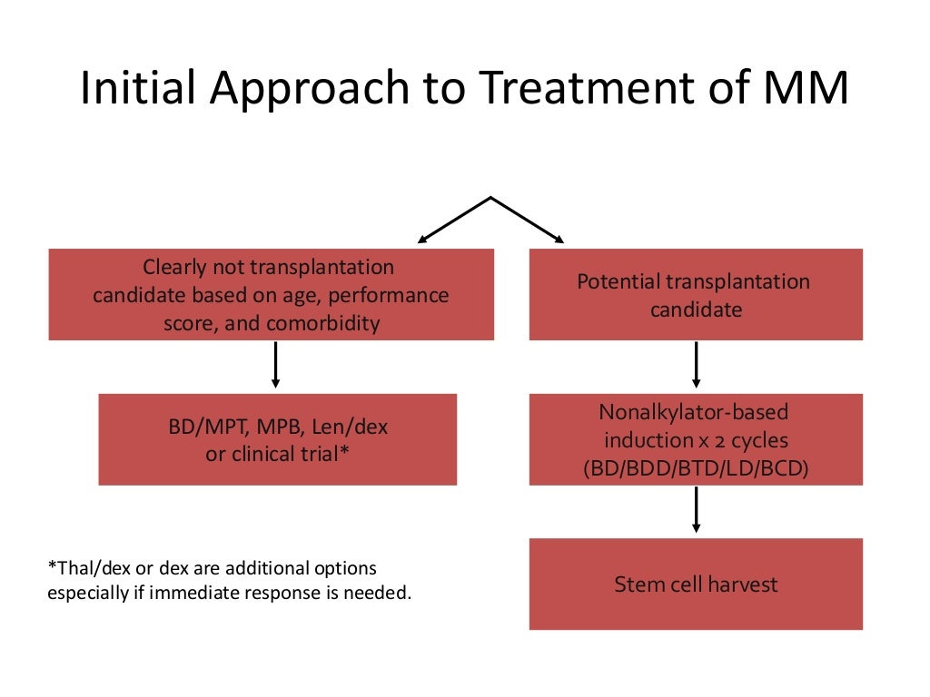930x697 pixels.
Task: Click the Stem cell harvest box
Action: (696, 584)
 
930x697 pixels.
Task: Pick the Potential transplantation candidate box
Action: (696, 295)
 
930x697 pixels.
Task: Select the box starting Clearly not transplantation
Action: (271, 295)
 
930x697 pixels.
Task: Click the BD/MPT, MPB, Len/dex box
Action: (277, 439)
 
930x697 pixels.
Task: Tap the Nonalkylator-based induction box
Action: (696, 439)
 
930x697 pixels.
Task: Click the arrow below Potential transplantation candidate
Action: (696, 365)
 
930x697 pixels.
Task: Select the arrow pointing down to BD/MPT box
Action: (275, 365)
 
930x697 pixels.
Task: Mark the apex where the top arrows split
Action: (491, 198)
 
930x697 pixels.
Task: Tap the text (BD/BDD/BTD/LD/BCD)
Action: (696, 468)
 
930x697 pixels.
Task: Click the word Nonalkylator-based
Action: (694, 412)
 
